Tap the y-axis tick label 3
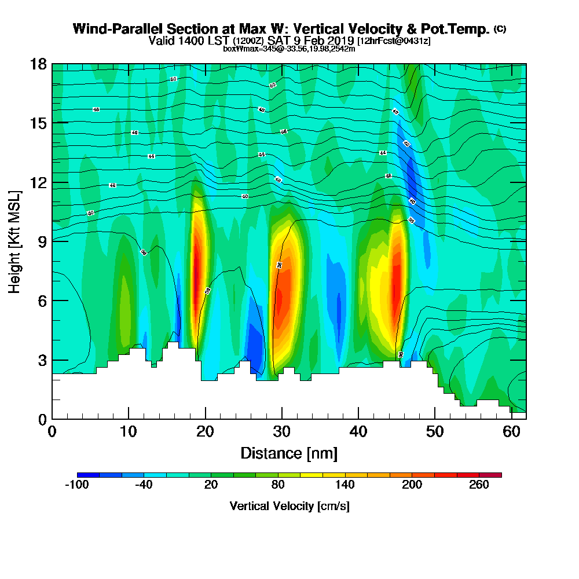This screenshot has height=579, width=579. point(42,360)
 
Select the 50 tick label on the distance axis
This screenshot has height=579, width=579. point(435,432)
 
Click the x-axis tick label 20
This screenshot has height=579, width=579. point(205,432)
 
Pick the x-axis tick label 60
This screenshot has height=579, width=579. point(511,432)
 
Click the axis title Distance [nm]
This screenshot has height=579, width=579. point(289,453)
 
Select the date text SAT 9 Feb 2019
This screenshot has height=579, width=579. point(312,41)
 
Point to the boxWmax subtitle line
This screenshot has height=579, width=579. point(289,49)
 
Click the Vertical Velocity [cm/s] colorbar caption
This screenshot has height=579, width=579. point(289,506)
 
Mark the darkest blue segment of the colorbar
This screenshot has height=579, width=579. point(88,475)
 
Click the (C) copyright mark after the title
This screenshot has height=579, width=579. point(500,29)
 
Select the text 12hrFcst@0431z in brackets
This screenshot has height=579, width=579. point(394,41)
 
